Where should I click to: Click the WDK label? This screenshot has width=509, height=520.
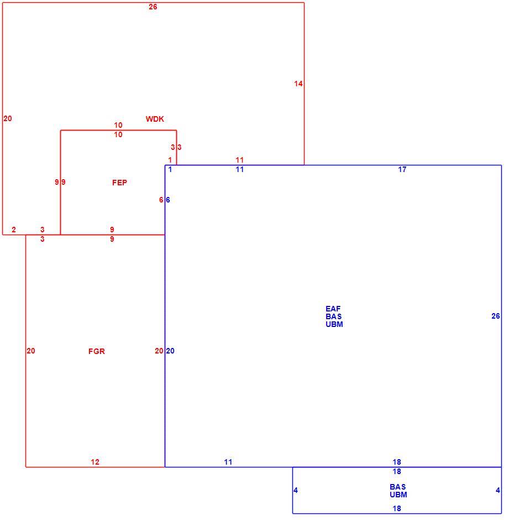point(155,119)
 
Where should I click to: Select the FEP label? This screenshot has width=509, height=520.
point(119,183)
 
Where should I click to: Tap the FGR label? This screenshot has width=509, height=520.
point(97,351)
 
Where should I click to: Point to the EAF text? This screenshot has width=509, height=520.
point(333,309)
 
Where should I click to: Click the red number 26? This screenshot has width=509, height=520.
point(153,7)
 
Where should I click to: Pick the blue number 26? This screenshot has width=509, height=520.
point(495,316)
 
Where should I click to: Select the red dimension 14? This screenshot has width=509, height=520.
point(298,84)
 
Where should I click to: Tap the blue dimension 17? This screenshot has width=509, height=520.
point(402,169)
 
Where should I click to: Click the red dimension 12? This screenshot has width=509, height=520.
point(95,462)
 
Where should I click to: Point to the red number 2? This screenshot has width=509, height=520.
point(14,230)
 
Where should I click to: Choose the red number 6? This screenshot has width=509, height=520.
point(161,200)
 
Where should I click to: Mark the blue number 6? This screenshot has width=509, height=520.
point(168,200)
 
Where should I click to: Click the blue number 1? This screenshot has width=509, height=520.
point(170,169)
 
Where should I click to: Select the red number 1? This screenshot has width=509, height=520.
point(170,160)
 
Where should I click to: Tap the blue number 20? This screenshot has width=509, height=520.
point(170,351)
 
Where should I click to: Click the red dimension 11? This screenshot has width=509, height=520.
point(240,160)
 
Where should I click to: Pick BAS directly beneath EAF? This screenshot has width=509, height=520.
point(334,316)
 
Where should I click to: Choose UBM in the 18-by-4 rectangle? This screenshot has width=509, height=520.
point(398,495)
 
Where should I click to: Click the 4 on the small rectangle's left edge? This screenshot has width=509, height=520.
point(296,490)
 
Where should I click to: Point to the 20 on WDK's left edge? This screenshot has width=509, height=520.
point(8,118)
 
